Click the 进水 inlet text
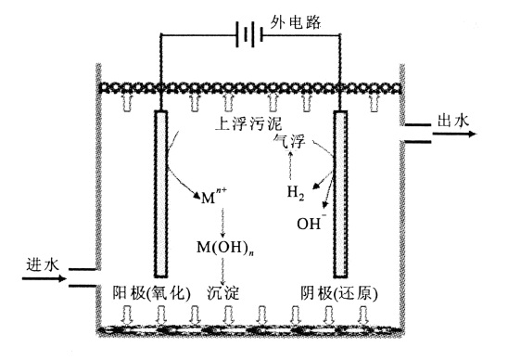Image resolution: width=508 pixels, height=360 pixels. [42, 264]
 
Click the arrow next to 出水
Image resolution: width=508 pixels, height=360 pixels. [455, 134]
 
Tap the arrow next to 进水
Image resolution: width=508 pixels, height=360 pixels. [42, 277]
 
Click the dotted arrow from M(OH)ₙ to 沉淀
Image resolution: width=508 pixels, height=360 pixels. [223, 270]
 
